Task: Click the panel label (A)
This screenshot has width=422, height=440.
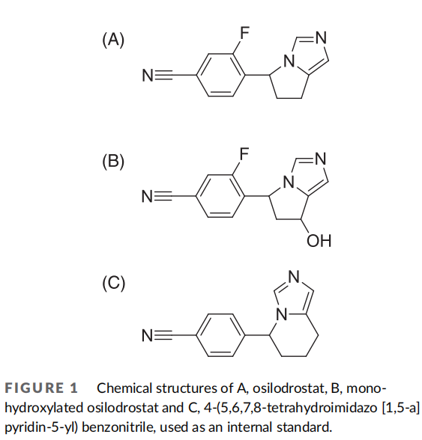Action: click(x=113, y=40)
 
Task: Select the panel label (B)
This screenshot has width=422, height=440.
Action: click(x=113, y=162)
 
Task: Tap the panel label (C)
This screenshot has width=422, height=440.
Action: click(x=114, y=283)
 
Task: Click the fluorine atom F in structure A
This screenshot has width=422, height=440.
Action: click(x=244, y=33)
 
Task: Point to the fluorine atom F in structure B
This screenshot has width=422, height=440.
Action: click(x=244, y=154)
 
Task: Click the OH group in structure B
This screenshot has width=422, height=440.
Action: click(x=319, y=241)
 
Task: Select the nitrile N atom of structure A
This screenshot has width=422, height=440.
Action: click(x=148, y=75)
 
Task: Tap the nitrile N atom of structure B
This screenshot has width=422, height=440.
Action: click(x=148, y=196)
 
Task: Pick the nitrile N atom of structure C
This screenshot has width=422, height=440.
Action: click(x=148, y=335)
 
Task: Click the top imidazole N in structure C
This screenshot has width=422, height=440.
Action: click(x=294, y=277)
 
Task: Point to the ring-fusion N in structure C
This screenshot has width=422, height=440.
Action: click(x=282, y=314)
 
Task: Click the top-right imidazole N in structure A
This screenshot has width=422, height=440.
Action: click(x=321, y=37)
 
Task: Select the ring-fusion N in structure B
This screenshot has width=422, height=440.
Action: click(x=289, y=182)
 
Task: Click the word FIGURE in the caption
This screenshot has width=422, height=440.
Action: click(x=34, y=388)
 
